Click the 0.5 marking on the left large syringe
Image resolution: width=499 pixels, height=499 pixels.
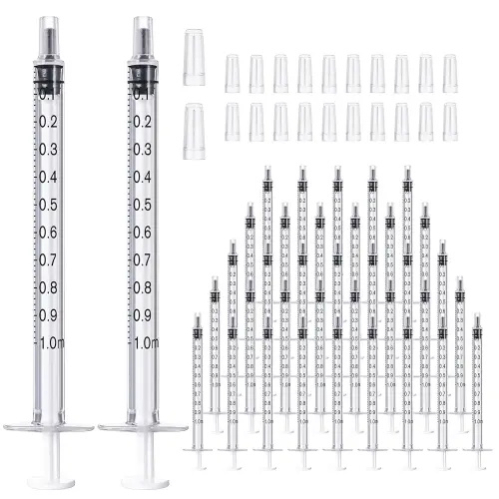tap(47, 206)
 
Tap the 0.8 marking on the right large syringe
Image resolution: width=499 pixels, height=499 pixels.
tap(142, 287)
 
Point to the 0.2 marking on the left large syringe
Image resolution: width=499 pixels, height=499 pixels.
tap(47, 123)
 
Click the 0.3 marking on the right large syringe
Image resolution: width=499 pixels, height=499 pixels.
tap(142, 151)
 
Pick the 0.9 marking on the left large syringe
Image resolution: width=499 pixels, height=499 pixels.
tap(47, 315)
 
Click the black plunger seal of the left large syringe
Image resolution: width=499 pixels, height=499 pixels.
tap(49, 74)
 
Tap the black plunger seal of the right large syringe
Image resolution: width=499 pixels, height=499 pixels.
tap(144, 74)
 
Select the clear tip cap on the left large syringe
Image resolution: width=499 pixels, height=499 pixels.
tap(49, 35)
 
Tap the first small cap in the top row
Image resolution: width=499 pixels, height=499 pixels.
tap(233, 74)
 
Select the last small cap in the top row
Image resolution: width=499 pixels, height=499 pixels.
tap(450, 74)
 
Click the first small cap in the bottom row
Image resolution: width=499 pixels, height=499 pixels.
tap(233, 122)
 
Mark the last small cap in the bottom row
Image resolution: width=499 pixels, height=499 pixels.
tap(450, 122)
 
